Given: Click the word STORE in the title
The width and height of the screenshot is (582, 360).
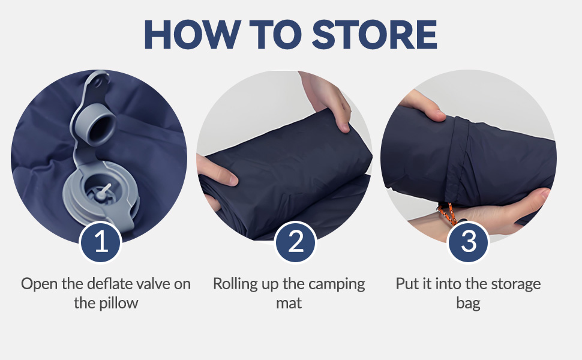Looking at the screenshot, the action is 374,34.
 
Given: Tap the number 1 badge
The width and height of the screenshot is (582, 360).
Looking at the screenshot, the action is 101,242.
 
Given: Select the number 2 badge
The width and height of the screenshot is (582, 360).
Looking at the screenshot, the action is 295,242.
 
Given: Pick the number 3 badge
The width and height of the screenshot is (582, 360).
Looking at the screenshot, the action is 469,242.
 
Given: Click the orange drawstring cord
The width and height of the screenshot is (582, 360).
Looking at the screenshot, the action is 447,214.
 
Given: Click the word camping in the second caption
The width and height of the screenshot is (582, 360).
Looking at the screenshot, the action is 337,285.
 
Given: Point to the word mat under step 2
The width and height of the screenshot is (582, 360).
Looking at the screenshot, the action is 289,303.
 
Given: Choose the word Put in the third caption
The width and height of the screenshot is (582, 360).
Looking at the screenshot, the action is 407,284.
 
